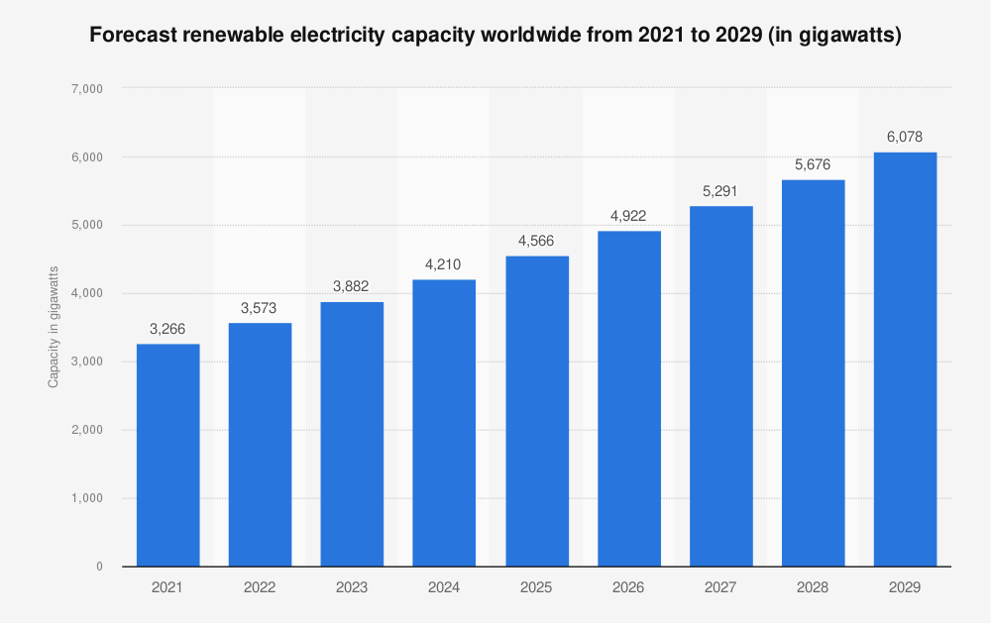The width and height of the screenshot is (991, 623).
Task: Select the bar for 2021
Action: [167, 455]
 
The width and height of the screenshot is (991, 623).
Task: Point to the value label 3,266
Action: [167, 328]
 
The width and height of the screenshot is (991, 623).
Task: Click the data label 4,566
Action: [536, 240]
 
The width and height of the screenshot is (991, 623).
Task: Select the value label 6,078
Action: [905, 137]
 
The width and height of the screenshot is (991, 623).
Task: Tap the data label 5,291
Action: [720, 190]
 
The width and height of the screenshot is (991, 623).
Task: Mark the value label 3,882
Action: [352, 285]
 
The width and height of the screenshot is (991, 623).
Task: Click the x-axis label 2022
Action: [260, 587]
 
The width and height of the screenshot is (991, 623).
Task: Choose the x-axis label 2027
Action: [720, 587]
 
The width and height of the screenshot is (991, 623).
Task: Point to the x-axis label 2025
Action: [536, 587]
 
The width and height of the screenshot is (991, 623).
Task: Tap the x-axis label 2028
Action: [813, 587]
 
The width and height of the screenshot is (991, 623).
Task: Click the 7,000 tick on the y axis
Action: [88, 89]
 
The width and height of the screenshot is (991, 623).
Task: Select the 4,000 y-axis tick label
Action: [88, 294]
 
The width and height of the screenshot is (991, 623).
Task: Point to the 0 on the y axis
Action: [100, 567]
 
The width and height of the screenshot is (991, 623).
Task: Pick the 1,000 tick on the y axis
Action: [88, 498]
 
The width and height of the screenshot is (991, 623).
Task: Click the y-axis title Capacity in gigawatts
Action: [54, 326]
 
